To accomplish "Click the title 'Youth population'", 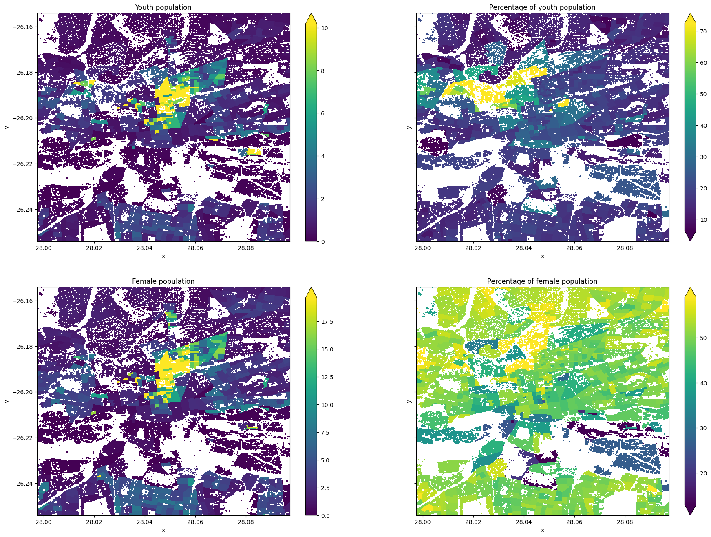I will tap(163, 7).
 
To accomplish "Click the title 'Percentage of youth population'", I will tap(542, 7).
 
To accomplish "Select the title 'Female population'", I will tap(163, 281).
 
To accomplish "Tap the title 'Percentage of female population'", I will tap(542, 281).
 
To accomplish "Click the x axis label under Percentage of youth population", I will tap(542, 256).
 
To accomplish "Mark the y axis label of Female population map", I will tap(7, 401).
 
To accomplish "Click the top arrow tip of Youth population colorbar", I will tap(311, 14).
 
